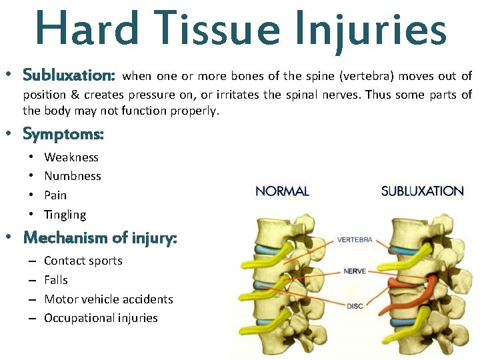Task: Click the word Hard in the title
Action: [79, 29]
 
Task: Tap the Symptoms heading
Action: [63, 134]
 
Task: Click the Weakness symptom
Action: [71, 157]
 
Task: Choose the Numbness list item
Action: [73, 176]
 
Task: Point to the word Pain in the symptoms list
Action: [55, 195]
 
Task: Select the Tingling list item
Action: [65, 215]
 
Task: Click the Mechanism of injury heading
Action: [100, 237]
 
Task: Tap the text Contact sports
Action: [83, 261]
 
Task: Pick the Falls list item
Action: [56, 280]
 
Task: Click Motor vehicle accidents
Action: [109, 299]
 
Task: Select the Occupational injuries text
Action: [101, 318]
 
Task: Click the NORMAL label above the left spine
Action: [282, 191]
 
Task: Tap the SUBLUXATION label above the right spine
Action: [422, 191]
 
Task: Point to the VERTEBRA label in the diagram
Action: [355, 239]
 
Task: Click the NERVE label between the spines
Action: [355, 271]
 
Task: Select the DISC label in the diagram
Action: [355, 306]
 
